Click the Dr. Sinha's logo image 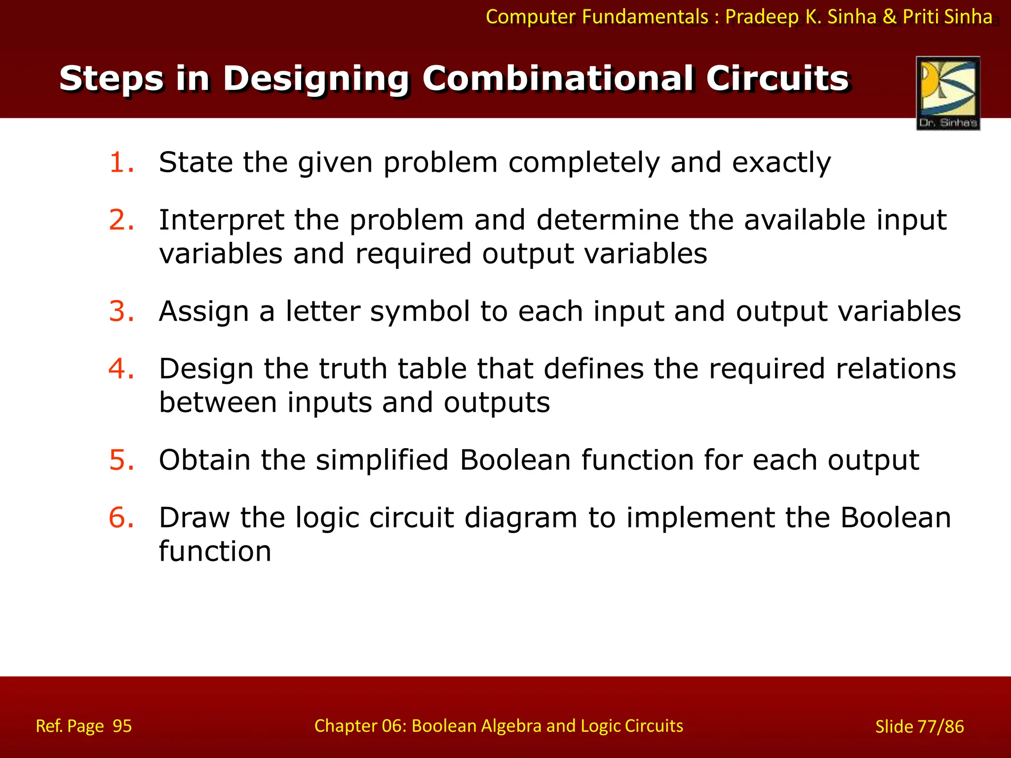948,93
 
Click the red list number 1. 121,162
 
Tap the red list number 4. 121,369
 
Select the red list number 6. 121,518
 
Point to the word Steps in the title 111,78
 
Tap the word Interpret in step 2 221,220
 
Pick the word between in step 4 218,402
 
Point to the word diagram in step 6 520,518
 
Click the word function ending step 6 215,551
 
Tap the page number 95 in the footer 122,726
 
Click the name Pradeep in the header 761,17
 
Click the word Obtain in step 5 204,460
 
